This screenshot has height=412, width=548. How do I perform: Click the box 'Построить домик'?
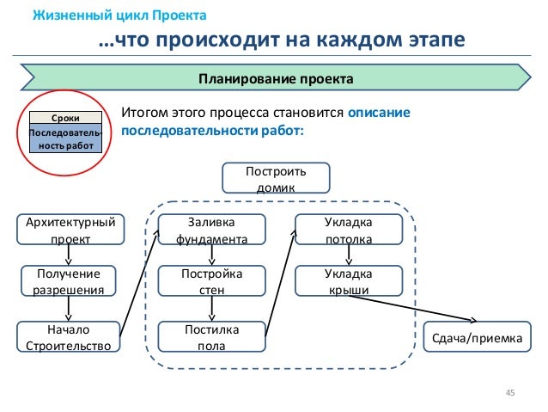(276, 179)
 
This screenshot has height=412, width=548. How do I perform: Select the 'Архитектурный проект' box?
(70, 230)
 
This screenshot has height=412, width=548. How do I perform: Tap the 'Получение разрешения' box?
(69, 281)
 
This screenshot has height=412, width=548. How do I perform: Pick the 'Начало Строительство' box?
(70, 336)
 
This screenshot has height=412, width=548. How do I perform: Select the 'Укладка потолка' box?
(348, 230)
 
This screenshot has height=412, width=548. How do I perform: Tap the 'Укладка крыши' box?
(348, 281)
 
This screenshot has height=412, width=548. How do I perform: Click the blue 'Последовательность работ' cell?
(67, 138)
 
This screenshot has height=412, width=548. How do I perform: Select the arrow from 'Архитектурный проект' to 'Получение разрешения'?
(69, 255)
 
